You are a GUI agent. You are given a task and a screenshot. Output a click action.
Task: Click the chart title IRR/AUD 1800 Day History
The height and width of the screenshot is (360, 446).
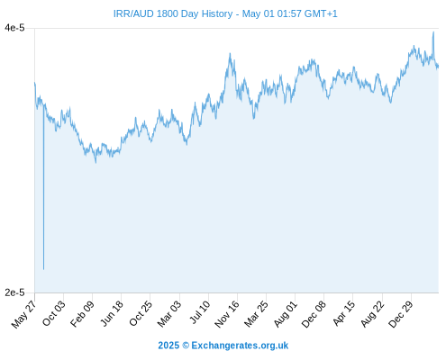coord(173,13)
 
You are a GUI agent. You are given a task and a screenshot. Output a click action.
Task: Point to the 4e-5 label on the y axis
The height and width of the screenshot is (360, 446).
coord(14,28)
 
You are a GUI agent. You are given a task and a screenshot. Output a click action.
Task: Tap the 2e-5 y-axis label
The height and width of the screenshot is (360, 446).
coord(14,292)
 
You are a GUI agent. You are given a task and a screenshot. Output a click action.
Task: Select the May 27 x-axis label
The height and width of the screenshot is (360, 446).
coord(23,314)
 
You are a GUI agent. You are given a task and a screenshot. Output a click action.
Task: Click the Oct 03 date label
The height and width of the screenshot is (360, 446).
coord(53,313)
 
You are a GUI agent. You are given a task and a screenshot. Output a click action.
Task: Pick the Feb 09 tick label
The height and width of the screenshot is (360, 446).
coord(82,314)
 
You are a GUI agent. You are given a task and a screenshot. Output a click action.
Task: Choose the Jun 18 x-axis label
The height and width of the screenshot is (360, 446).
coord(112,313)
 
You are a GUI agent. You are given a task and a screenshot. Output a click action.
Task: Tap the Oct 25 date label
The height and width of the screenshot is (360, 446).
coord(141,313)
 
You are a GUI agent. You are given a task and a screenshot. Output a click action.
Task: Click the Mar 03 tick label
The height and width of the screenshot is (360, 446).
coord(169,314)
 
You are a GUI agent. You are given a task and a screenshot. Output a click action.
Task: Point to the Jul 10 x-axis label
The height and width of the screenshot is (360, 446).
coord(200,312)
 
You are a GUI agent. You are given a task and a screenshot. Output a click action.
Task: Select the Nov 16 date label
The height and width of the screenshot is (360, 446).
coord(227,314)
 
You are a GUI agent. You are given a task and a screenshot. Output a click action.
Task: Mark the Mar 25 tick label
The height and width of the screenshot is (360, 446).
coord(256,314)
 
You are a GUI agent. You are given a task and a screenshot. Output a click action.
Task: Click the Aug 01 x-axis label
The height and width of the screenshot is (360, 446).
coord(286,314)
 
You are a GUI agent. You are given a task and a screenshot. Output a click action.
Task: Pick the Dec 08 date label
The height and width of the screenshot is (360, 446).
coord(314,314)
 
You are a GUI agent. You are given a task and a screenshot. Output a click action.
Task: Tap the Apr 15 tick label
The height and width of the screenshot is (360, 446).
coord(344,313)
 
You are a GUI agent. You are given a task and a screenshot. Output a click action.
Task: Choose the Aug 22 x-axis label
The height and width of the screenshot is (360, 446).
coord(372,314)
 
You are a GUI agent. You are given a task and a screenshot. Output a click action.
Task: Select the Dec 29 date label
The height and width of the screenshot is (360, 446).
coord(401,314)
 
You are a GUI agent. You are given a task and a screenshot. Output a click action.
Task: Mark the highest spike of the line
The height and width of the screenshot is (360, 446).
coord(433,32)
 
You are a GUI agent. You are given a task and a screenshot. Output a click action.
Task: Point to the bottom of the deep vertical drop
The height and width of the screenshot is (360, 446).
coord(43,269)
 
